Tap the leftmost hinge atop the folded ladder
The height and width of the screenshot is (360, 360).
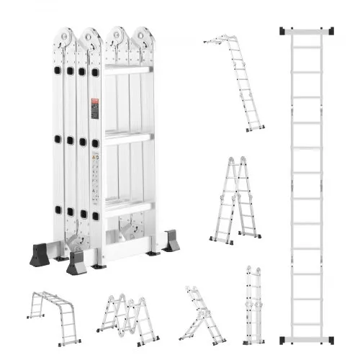pyautogui.click(x=66, y=37)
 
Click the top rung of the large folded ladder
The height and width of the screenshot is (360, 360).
pyautogui.click(x=127, y=69)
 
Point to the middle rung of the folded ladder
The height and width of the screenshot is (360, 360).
pyautogui.click(x=127, y=137)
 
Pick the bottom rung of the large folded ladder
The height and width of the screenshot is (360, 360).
pyautogui.click(x=127, y=207)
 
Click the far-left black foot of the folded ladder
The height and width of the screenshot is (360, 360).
pyautogui.click(x=39, y=255)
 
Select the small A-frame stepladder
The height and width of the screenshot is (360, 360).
pyautogui.click(x=235, y=198)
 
